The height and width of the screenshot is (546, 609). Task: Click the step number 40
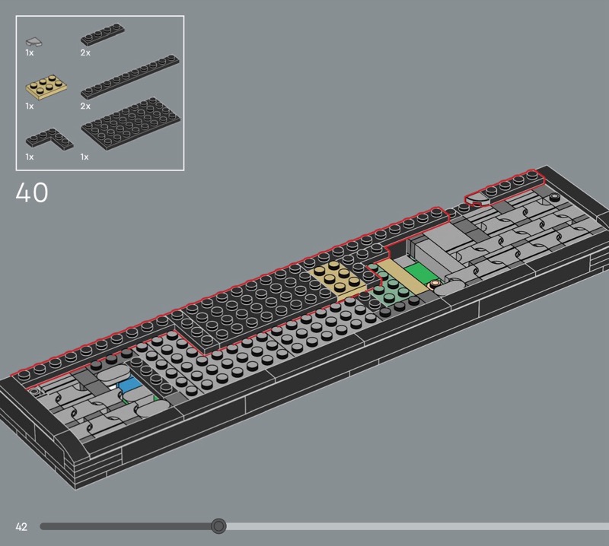32,192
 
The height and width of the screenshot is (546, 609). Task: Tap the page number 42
21,526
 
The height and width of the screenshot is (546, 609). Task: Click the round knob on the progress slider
218,525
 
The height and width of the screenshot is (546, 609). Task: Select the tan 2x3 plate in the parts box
46,87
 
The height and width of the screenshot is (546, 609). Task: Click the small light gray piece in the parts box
34,42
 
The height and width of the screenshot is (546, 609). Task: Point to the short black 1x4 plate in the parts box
103,35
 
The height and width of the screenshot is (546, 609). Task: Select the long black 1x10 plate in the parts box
130,77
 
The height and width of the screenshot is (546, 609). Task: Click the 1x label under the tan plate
30,106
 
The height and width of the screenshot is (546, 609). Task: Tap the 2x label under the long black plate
85,106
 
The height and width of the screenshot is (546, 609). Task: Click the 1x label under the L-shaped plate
30,157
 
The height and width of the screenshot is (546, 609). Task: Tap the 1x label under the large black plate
84,157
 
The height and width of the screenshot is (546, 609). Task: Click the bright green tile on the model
422,274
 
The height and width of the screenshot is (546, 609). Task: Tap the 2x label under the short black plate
85,52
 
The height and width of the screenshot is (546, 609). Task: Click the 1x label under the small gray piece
30,52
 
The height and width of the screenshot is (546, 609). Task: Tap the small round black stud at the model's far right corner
555,197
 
